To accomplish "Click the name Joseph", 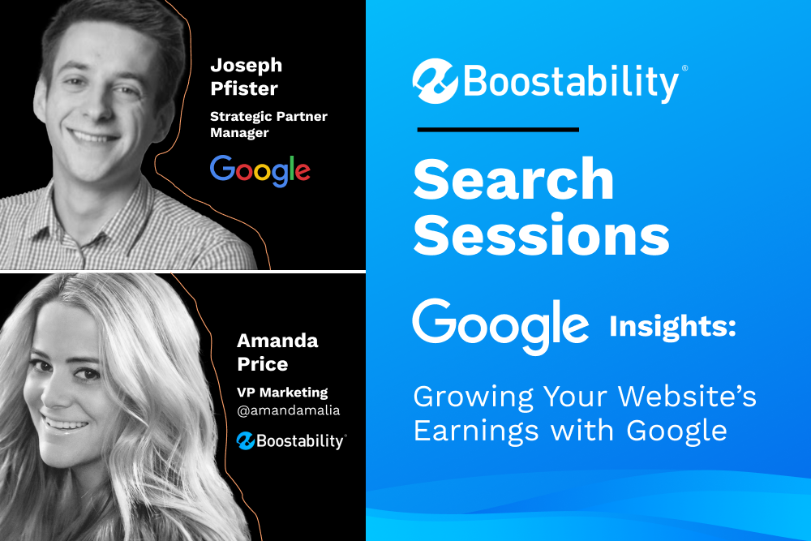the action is [247, 67].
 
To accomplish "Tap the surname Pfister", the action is [244, 88].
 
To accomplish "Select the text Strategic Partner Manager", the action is [268, 124].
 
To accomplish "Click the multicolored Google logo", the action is [260, 170].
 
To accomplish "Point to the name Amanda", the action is [277, 341].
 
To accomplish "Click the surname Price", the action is [262, 363].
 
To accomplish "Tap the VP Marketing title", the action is [282, 392].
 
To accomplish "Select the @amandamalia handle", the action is [288, 410].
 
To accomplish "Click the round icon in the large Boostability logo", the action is [435, 81].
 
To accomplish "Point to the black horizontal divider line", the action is [498, 129].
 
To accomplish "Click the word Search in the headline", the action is [513, 179].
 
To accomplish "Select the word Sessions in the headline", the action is [542, 235].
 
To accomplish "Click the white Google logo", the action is [500, 326].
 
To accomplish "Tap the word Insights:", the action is [672, 326].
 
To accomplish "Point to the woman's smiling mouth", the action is [66, 424].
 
